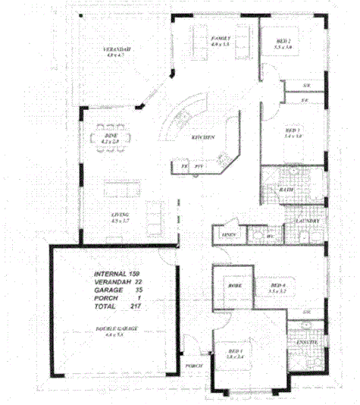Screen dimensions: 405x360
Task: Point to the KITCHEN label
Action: (202, 137)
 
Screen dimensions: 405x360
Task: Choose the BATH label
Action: (286, 190)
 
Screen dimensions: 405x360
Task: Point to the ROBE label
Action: (234, 285)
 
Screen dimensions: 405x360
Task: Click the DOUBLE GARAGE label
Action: (111, 328)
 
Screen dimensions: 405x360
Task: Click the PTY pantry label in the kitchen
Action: (199, 165)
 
